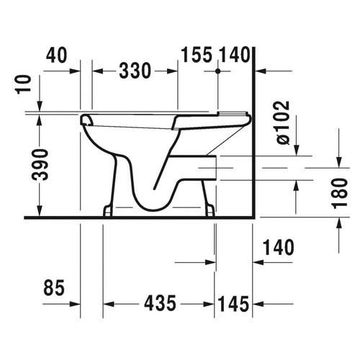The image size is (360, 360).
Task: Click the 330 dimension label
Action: tap(135, 71)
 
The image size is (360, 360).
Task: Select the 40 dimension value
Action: tap(59, 54)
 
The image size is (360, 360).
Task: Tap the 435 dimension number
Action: tap(158, 303)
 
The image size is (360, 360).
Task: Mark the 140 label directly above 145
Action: tap(279, 248)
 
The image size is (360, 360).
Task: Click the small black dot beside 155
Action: tap(217, 72)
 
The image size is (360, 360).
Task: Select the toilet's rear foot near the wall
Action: tap(210, 210)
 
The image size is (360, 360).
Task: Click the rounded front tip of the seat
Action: tap(85, 117)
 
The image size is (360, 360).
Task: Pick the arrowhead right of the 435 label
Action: tap(210, 303)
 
